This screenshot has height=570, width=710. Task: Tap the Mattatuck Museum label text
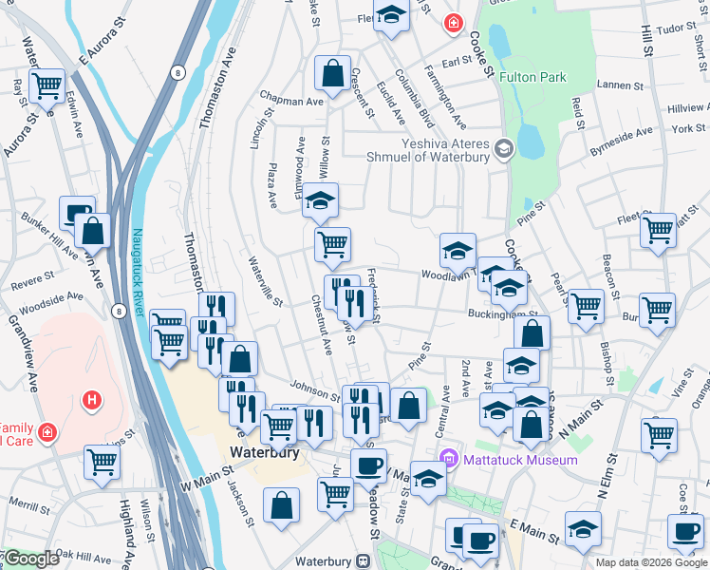coord(520,460)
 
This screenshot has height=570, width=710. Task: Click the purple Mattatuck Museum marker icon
coord(454,460)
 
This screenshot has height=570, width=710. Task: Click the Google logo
coord(30,559)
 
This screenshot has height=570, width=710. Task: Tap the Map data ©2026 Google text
coord(650,562)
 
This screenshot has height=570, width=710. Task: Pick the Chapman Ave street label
coord(294,101)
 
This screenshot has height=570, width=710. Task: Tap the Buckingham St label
coord(502,313)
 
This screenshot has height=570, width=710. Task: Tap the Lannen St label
coord(622,85)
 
